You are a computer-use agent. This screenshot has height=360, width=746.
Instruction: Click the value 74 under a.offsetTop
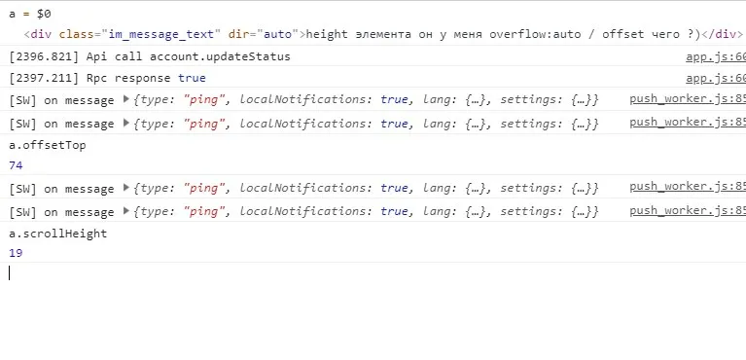16,165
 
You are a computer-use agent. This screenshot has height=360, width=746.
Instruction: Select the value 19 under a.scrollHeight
16,253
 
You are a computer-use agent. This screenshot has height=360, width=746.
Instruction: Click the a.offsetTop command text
48,145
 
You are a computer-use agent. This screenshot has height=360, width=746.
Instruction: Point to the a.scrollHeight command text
58,234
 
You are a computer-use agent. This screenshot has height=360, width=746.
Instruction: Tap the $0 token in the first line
44,14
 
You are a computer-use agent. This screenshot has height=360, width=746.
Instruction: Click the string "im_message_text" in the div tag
160,34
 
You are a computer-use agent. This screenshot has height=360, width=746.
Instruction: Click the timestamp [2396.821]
44,57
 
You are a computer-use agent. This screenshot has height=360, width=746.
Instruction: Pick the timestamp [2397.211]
44,78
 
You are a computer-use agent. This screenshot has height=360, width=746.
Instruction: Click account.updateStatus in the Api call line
220,57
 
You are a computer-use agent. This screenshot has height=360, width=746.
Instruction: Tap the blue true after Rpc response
192,78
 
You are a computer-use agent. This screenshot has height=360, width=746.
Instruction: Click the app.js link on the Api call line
716,57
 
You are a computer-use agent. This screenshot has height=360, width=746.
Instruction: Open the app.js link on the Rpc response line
716,78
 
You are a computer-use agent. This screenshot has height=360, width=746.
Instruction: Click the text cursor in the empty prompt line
9,272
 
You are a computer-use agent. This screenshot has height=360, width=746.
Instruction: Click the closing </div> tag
723,34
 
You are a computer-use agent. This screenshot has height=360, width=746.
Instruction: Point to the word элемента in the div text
383,34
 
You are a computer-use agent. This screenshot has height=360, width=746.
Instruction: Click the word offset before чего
622,34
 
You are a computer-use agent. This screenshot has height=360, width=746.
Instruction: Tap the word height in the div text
327,34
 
